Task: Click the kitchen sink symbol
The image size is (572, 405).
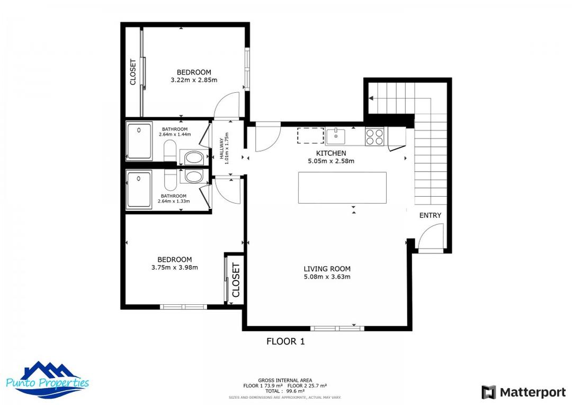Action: coord(336,136)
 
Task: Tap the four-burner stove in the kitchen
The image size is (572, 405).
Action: coord(375,137)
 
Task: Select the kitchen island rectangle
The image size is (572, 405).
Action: coord(342,188)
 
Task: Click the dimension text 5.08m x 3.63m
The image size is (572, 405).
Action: coord(327,277)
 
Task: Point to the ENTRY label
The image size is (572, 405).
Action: coord(430,215)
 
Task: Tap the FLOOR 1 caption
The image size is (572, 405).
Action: coord(285,341)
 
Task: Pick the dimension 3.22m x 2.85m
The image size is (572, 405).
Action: coord(194,80)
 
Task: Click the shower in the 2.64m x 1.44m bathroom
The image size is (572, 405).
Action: coord(139,142)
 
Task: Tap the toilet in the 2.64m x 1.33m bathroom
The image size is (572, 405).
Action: coord(194,176)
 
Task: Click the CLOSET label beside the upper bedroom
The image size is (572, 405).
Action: coord(133,72)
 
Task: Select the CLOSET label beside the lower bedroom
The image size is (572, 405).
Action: coord(236,281)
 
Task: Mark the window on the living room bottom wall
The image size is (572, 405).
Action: coord(337,328)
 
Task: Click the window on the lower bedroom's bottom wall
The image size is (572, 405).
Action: coord(183,306)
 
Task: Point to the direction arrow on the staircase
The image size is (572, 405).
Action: coord(372,98)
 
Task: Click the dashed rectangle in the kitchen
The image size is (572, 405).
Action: coord(310,136)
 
